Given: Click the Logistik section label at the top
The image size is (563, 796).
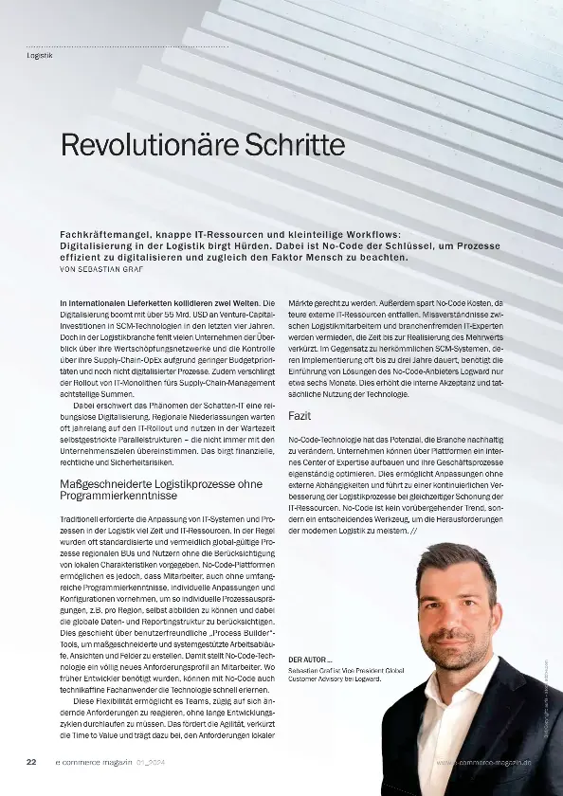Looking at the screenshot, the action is pyautogui.click(x=40, y=55).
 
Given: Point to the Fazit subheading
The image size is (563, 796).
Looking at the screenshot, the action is pyautogui.click(x=301, y=415).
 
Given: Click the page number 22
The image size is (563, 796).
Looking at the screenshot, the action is pyautogui.click(x=31, y=761).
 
